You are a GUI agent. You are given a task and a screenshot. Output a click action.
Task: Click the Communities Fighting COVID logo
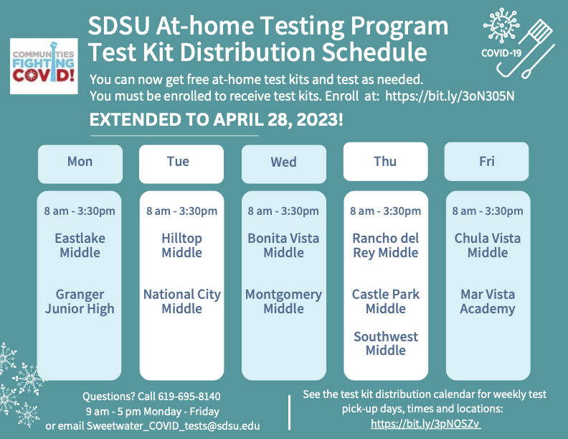[x=44, y=66]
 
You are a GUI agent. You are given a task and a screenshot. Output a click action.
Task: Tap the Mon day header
[x=80, y=164]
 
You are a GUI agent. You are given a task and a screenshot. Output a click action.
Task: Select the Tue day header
[x=181, y=164]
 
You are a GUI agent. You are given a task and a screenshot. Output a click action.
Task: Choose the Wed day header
[x=284, y=164]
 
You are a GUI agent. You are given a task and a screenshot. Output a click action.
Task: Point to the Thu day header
[x=385, y=162]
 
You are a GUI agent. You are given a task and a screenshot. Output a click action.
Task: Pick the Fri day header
[x=486, y=162]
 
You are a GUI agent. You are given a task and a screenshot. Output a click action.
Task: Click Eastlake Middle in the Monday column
[x=80, y=245]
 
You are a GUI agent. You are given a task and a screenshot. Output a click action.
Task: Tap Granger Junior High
[x=80, y=302]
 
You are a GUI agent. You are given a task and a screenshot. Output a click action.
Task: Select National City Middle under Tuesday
[x=182, y=302]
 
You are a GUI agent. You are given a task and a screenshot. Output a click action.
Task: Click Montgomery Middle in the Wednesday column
[x=283, y=302]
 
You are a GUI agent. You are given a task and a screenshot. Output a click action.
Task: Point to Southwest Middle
[x=386, y=343]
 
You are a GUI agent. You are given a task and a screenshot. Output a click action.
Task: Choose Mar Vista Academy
[x=488, y=302]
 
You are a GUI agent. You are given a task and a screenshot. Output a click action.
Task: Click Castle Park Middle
[x=386, y=302]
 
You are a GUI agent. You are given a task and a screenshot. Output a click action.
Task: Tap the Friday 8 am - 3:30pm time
[x=488, y=211]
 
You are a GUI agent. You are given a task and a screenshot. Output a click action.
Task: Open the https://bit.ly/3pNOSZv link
[x=425, y=423]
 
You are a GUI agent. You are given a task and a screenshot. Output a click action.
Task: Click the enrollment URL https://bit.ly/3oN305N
[x=450, y=96]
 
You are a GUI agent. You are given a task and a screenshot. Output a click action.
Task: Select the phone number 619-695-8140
[x=189, y=396]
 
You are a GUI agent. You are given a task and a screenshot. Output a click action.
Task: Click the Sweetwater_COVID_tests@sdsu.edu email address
[x=173, y=425]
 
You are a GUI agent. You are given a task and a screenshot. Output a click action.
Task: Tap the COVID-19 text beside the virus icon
[x=501, y=53]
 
